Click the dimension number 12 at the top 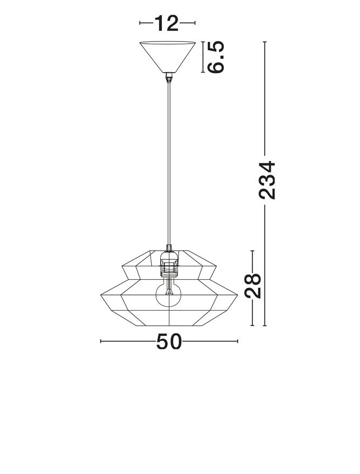tap(166, 23)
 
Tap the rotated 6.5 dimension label tap(216, 57)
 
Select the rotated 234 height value tap(267, 180)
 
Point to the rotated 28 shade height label tap(253, 285)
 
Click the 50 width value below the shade tap(169, 341)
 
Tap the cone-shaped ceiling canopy tap(167, 57)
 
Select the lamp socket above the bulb tap(168, 265)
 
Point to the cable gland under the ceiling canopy tap(169, 78)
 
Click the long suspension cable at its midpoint tap(169, 164)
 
